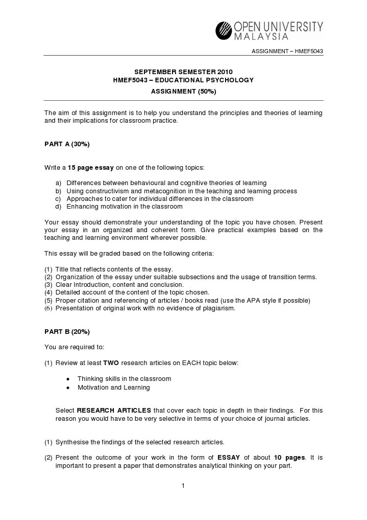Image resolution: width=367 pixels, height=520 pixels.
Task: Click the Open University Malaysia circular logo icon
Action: click(x=224, y=30)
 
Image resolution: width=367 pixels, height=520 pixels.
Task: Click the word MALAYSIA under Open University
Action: click(x=261, y=36)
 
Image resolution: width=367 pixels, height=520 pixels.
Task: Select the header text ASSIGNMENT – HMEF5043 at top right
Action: click(x=288, y=52)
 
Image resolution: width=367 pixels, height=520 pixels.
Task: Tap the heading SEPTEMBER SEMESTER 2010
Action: click(x=183, y=72)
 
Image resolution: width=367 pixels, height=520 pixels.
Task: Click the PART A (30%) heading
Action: click(x=67, y=144)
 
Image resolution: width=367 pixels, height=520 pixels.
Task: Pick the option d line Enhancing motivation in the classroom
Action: click(x=124, y=207)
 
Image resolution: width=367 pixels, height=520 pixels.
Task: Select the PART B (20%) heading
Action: click(x=67, y=331)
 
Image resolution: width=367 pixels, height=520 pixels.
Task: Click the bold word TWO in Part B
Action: click(x=111, y=363)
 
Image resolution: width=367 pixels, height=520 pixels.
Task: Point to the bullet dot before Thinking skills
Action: click(x=68, y=379)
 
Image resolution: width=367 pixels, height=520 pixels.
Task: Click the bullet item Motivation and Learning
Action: click(x=113, y=388)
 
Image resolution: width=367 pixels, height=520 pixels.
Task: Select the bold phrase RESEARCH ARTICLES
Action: click(x=114, y=411)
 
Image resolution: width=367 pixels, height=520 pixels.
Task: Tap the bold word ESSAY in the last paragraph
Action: click(x=229, y=458)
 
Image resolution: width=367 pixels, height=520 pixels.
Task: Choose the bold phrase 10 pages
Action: click(x=289, y=458)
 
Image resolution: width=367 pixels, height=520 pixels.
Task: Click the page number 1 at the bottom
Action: click(x=183, y=485)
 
